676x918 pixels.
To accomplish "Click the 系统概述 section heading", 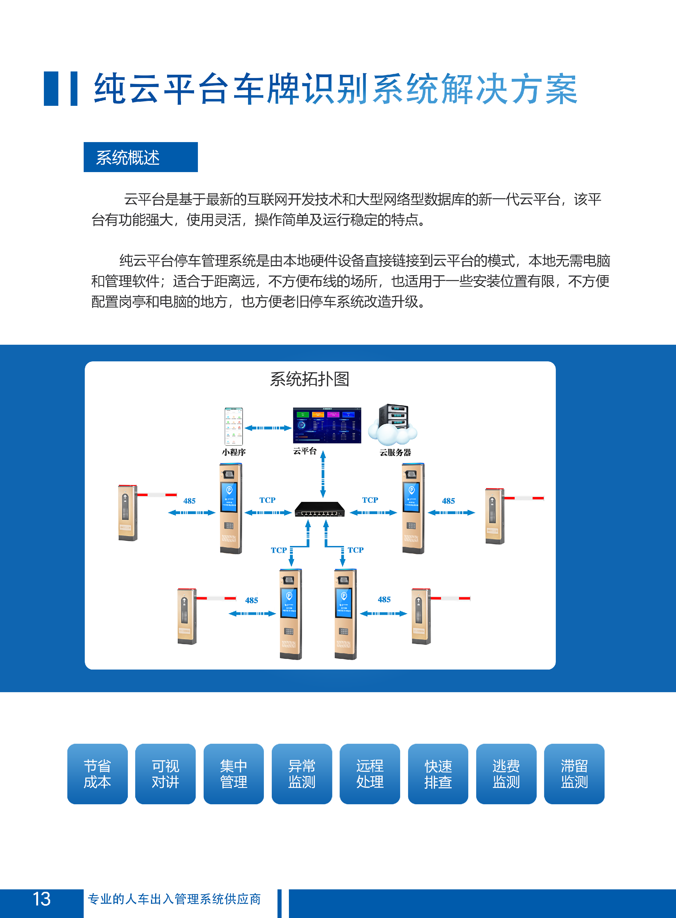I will (140, 157).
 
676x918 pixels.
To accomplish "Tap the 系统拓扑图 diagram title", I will (309, 379).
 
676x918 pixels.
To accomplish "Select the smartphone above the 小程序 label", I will (233, 426).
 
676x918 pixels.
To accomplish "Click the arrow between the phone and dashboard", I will (268, 428).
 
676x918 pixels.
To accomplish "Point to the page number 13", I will (41, 899).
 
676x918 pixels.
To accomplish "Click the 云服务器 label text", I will (395, 452).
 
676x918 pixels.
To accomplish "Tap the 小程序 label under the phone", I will (234, 452).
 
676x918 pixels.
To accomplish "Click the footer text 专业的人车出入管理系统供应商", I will (174, 899).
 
